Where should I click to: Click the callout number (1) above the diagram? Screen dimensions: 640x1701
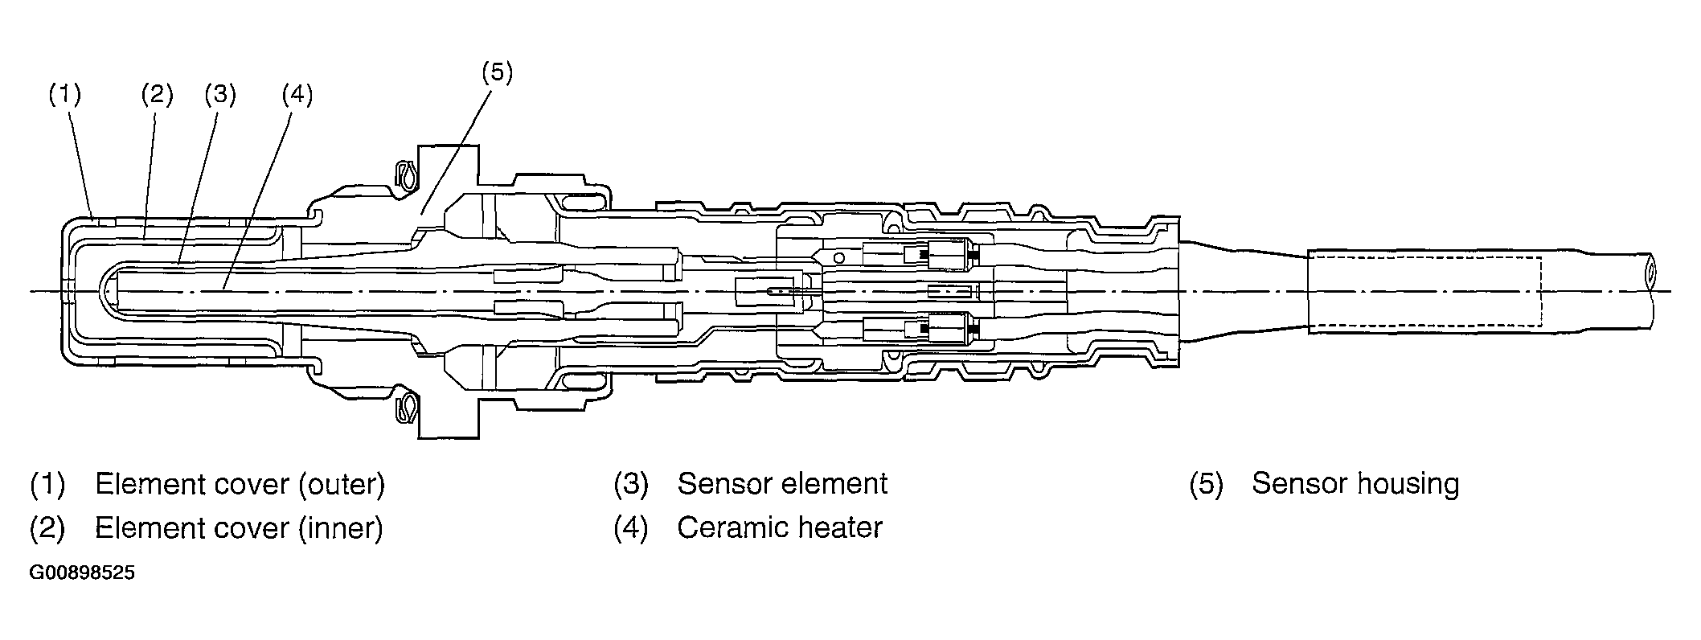pyautogui.click(x=65, y=95)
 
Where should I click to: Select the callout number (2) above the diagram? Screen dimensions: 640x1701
pyautogui.click(x=157, y=95)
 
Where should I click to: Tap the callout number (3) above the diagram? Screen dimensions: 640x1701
pyautogui.click(x=219, y=95)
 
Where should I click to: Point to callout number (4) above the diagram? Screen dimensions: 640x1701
pyautogui.click(x=297, y=95)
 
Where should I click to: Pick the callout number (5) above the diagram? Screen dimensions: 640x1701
pyautogui.click(x=496, y=72)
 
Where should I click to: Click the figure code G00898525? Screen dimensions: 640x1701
pyautogui.click(x=83, y=573)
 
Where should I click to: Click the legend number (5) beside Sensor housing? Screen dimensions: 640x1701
pyautogui.click(x=1206, y=484)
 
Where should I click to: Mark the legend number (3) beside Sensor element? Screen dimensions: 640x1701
pyautogui.click(x=631, y=484)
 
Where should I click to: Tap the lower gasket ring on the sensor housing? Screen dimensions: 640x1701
pyautogui.click(x=408, y=405)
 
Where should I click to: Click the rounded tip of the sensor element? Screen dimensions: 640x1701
pyautogui.click(x=110, y=290)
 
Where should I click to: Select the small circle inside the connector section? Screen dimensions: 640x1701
pyautogui.click(x=838, y=258)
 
